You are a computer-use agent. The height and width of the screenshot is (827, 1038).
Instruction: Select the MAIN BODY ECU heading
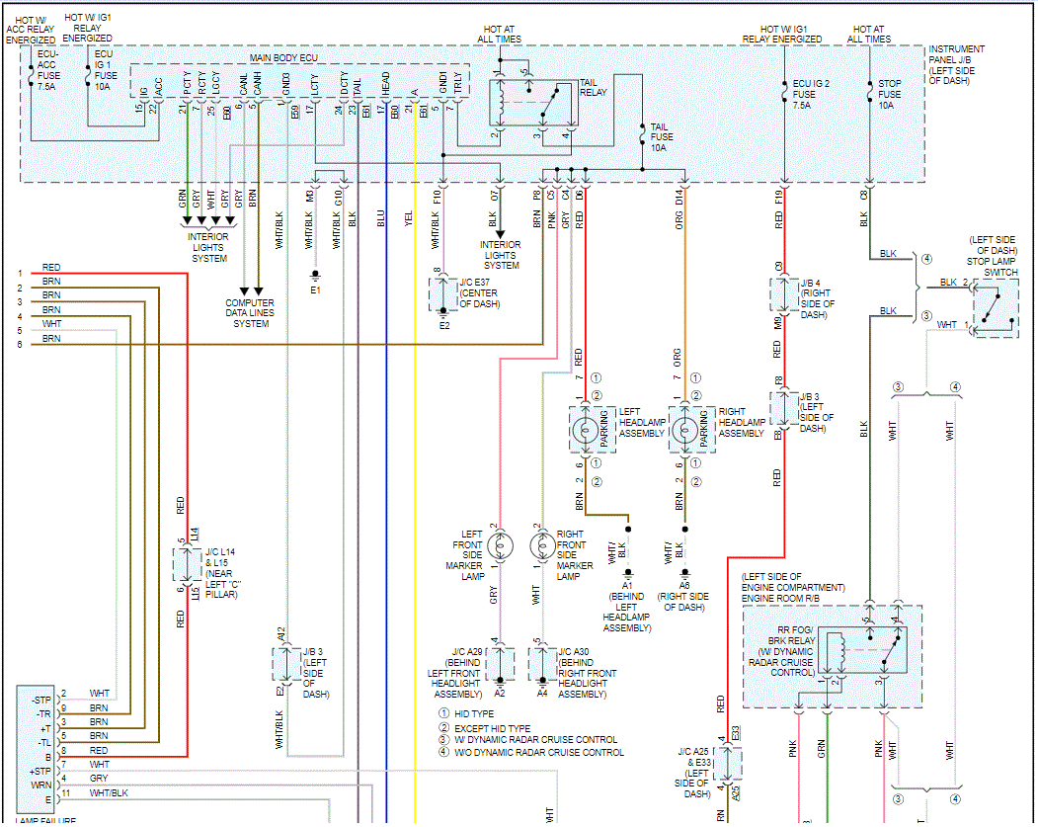click(x=283, y=59)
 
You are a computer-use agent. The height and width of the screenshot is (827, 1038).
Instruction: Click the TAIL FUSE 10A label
click(x=659, y=137)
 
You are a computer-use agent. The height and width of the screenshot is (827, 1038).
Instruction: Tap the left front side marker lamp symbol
click(x=501, y=544)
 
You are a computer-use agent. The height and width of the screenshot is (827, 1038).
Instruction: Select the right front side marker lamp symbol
click(x=541, y=544)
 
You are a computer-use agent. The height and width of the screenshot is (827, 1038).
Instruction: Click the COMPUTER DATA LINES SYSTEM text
click(x=250, y=313)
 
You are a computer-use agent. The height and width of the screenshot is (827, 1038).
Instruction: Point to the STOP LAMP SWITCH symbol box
click(x=996, y=308)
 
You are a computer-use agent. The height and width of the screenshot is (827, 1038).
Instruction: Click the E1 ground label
click(x=315, y=291)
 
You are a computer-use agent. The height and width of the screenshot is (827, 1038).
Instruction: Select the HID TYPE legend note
click(x=473, y=713)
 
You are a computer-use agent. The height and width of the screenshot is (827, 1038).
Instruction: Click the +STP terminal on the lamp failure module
click(x=40, y=771)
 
